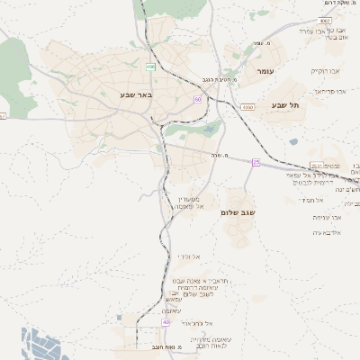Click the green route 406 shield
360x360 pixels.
(151, 67)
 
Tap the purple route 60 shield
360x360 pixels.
(197, 99)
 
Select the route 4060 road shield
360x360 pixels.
(247, 107)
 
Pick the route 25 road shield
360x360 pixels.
(256, 162)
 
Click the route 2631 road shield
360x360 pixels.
(317, 166)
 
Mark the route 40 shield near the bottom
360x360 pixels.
(166, 321)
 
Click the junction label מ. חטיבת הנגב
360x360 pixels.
(220, 78)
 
